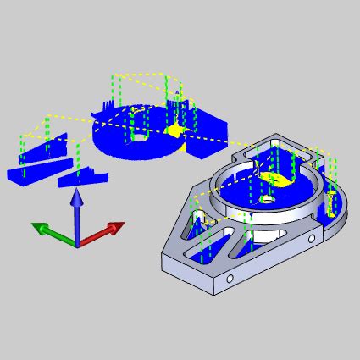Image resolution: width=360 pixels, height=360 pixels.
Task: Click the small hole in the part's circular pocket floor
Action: (268, 199)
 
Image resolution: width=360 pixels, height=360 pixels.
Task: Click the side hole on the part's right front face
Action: (311, 240)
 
